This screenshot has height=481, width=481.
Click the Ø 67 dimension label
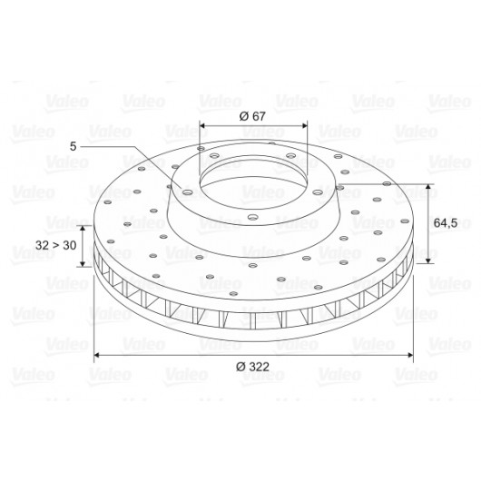[x=252, y=116]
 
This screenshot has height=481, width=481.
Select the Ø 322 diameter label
[x=252, y=367]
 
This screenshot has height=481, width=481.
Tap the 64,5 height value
[x=446, y=223]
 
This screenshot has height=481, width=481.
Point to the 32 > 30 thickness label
[x=56, y=245]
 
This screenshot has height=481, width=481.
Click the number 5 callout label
[x=73, y=146]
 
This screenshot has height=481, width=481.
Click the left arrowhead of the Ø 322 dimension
[x=96, y=355]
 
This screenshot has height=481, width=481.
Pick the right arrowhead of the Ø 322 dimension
[x=410, y=355]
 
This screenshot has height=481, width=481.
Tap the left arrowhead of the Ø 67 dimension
[x=202, y=125]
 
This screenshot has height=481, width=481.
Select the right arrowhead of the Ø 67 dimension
[x=304, y=125]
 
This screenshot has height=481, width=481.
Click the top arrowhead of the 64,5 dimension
[x=428, y=187]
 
